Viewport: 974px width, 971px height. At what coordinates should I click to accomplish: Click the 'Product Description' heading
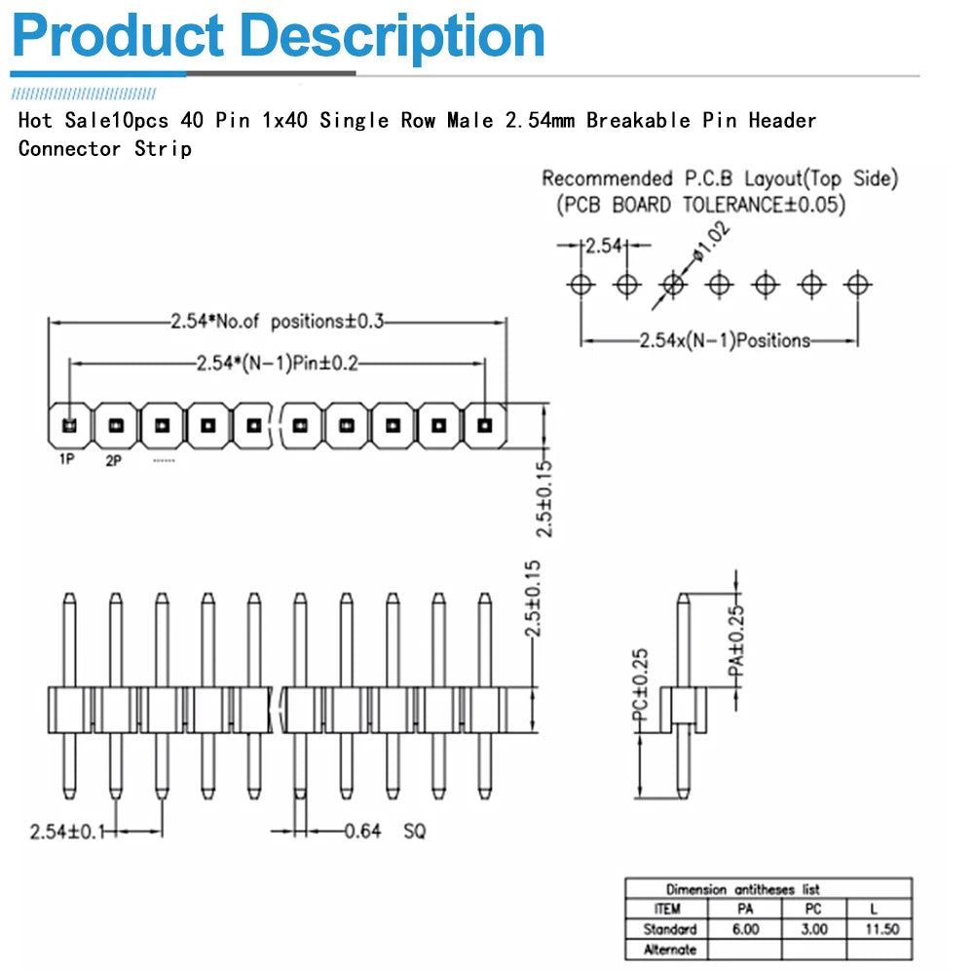pyautogui.click(x=278, y=36)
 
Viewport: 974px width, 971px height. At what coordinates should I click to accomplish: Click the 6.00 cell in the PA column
pyautogui.click(x=745, y=929)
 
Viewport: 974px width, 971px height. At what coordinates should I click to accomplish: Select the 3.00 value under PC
pyautogui.click(x=814, y=929)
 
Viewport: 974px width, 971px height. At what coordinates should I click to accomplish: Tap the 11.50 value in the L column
pyautogui.click(x=881, y=929)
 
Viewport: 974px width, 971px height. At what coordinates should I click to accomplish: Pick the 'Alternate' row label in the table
pyautogui.click(x=668, y=950)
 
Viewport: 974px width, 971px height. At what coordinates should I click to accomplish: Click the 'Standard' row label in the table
pyautogui.click(x=669, y=929)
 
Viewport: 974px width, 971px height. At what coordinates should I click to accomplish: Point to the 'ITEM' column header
pyautogui.click(x=668, y=909)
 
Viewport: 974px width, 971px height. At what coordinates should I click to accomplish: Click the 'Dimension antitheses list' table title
pyautogui.click(x=742, y=889)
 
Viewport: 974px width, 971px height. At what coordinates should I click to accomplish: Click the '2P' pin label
pyautogui.click(x=113, y=460)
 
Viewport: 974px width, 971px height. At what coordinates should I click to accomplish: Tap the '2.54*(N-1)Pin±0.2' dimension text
pyautogui.click(x=279, y=364)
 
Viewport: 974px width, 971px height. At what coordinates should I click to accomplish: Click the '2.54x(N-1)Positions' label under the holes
pyautogui.click(x=725, y=340)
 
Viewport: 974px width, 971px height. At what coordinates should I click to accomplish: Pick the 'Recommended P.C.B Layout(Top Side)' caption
pyautogui.click(x=720, y=178)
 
